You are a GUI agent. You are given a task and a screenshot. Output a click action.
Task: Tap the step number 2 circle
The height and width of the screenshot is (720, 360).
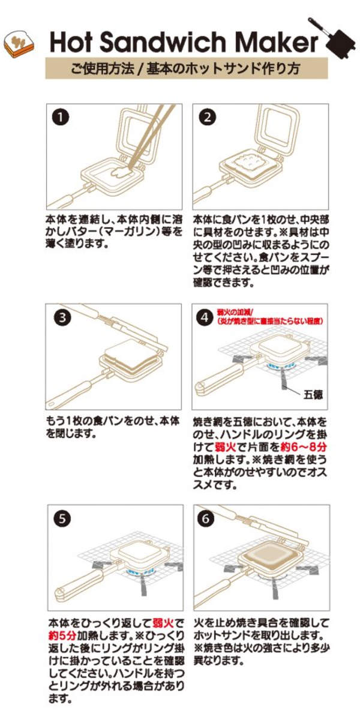point(207,118)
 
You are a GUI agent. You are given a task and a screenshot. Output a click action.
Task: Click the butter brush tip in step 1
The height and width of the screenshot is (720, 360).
point(119,175)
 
